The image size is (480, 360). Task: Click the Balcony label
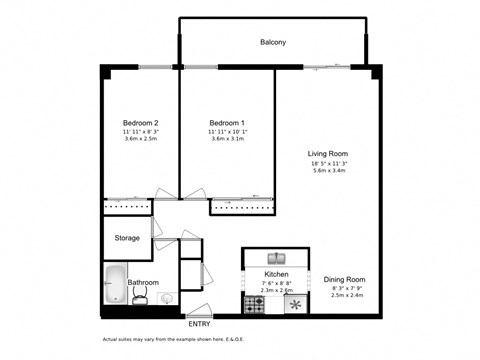point(273,42)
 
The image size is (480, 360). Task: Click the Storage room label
point(127,238)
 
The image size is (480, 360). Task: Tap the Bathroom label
point(143,283)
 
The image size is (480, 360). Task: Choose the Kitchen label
point(276,273)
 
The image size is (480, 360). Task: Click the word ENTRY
point(200,324)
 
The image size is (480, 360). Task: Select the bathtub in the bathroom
point(115,284)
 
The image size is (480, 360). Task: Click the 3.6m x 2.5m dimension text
point(141,139)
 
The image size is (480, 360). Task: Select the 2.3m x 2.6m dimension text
point(276,289)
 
